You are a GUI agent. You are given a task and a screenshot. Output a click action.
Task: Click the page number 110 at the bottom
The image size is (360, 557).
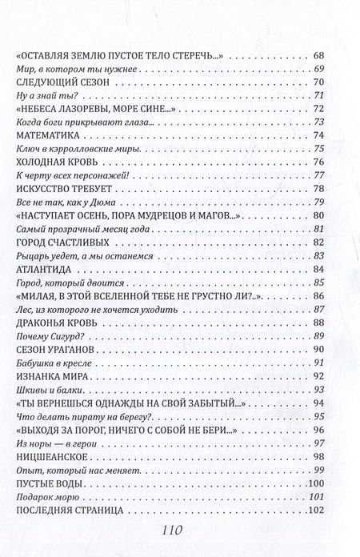point(179,529)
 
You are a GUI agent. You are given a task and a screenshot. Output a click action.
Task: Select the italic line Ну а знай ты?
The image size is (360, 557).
point(42,96)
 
